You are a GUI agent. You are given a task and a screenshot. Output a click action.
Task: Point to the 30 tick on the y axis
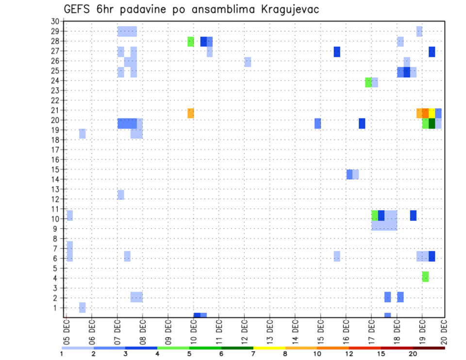55,21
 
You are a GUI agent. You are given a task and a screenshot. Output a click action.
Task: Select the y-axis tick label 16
55,160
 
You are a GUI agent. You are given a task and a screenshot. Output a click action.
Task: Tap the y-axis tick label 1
57,308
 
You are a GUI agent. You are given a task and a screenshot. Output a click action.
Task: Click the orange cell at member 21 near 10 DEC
191,113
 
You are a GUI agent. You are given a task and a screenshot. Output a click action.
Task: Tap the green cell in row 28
191,42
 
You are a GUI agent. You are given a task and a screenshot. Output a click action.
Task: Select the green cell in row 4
425,277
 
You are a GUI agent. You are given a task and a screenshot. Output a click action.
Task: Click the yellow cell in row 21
432,113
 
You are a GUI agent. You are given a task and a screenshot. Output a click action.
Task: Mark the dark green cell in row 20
432,123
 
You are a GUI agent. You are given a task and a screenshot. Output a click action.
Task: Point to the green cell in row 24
368,82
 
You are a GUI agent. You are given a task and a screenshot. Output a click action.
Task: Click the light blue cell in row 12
121,195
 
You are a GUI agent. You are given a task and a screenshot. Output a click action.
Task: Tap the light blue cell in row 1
83,307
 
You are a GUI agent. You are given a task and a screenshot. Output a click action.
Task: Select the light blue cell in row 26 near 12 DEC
248,62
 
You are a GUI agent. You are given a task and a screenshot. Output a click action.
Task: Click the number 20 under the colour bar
413,354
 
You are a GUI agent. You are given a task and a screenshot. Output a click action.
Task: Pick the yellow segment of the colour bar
269,348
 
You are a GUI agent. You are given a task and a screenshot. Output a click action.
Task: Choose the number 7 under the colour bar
253,354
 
